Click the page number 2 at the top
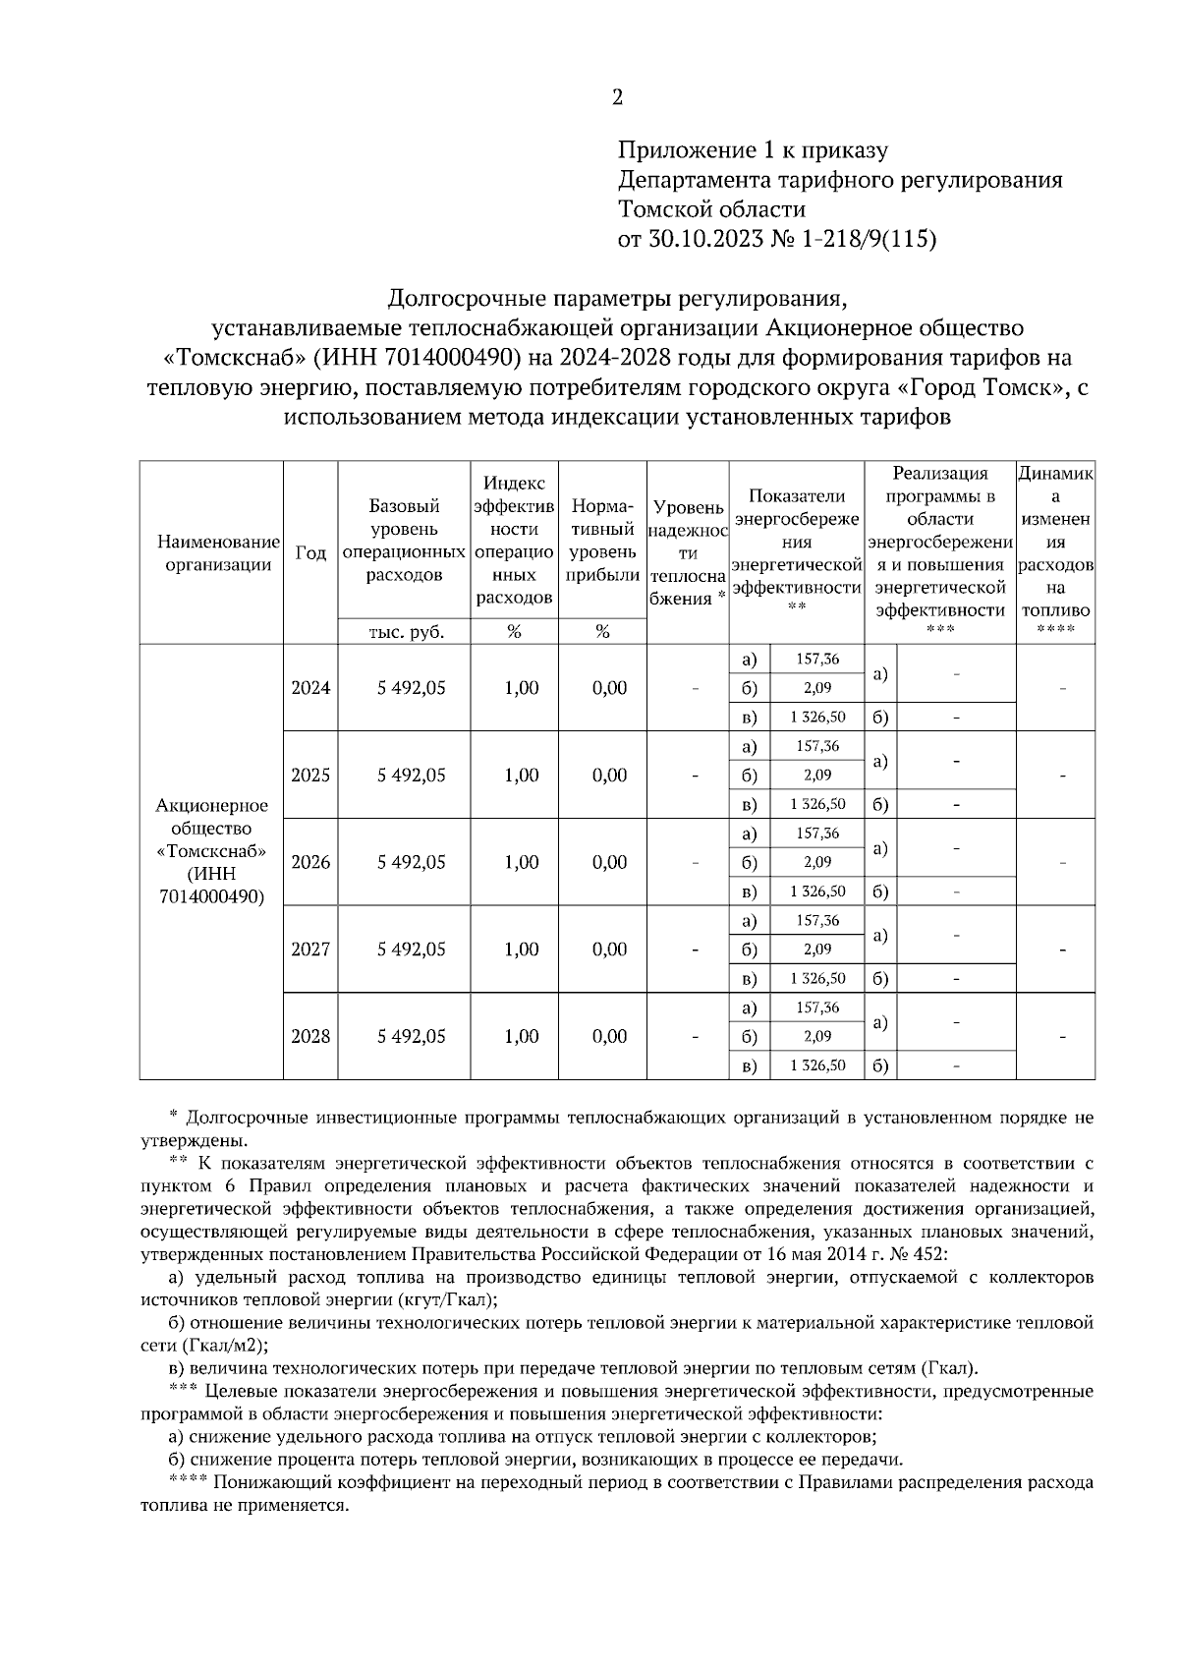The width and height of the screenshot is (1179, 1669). click(617, 97)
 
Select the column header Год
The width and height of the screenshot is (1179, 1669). click(310, 552)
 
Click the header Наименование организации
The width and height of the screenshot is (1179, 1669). click(212, 552)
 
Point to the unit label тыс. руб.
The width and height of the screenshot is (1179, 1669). click(405, 633)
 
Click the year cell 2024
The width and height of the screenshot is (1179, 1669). click(310, 688)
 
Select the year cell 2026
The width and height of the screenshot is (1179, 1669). click(310, 862)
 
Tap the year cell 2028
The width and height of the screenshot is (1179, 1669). click(310, 1036)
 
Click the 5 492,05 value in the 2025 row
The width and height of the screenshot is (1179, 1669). click(411, 775)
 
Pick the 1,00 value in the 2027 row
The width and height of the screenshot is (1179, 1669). click(521, 950)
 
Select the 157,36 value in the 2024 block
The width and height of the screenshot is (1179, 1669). click(817, 659)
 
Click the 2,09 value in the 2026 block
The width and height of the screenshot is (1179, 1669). click(817, 862)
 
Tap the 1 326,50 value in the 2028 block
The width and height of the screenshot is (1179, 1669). click(817, 1065)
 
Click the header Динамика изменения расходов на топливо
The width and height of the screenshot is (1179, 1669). click(1055, 552)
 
